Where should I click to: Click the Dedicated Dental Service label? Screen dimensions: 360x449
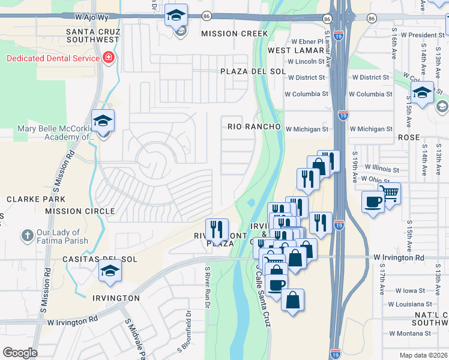coord(53,58)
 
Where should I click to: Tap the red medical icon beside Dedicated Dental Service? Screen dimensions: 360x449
coord(109,58)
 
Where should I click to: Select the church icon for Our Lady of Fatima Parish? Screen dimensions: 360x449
coord(28,236)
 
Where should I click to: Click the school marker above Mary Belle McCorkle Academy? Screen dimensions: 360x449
coord(103,121)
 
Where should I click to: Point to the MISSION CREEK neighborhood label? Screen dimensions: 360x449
coord(234,34)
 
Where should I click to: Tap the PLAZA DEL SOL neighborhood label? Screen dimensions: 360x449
coord(247,71)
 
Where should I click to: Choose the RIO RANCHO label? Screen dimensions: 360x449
coord(254,127)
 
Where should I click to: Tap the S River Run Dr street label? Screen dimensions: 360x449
coord(207,287)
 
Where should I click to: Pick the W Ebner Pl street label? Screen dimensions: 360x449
coord(307,41)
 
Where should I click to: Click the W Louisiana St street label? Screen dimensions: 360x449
coord(409,304)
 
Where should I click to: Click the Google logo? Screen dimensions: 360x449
coord(20,353)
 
